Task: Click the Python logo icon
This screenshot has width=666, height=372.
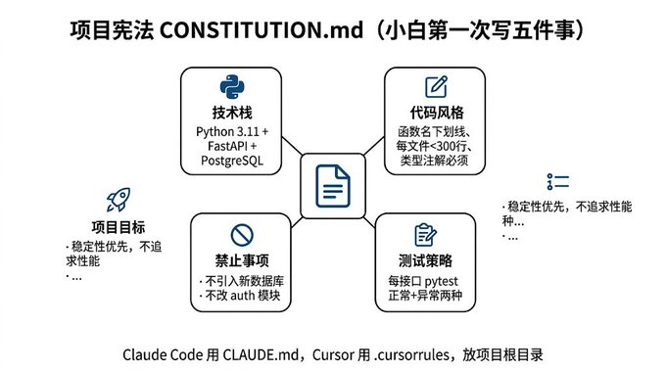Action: (232, 87)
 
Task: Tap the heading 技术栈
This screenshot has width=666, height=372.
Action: (232, 113)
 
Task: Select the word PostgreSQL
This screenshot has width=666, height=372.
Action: (232, 161)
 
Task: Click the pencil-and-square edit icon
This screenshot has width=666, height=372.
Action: (436, 86)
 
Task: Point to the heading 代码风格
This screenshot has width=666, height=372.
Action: (437, 113)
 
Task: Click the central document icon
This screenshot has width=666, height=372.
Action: (333, 186)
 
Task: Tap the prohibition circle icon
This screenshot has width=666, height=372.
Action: (242, 235)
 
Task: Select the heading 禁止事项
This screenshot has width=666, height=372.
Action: (242, 260)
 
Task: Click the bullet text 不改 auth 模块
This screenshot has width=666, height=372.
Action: (243, 295)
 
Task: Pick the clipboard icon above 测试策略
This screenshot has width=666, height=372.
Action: (425, 234)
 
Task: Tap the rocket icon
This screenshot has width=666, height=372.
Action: (119, 200)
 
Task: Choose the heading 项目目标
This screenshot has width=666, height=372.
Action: (119, 227)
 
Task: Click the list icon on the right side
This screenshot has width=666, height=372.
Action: (558, 181)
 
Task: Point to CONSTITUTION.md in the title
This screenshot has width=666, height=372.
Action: (262, 30)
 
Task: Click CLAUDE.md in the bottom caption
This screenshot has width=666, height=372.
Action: (261, 354)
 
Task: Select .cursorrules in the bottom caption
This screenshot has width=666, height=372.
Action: (411, 354)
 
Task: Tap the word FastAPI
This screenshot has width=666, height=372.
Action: (227, 146)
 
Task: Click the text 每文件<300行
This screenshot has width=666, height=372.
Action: (431, 146)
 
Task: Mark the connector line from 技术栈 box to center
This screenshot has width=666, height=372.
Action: (292, 146)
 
